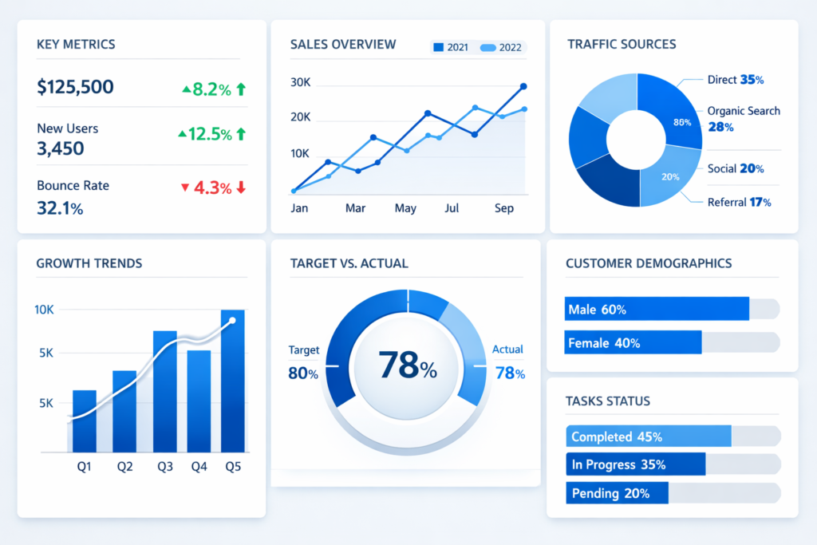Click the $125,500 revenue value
[x=75, y=87]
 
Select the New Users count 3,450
[x=61, y=148]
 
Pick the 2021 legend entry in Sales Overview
[x=451, y=48]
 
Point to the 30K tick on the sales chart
[x=300, y=82]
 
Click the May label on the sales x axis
[x=405, y=208]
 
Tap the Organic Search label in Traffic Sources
[x=744, y=111]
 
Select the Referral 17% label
[x=739, y=202]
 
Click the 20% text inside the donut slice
[x=670, y=176]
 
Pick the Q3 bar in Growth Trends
[x=165, y=391]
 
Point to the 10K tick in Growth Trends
[x=44, y=310]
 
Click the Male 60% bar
[x=657, y=309]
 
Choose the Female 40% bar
[x=633, y=343]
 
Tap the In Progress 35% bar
[x=636, y=464]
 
